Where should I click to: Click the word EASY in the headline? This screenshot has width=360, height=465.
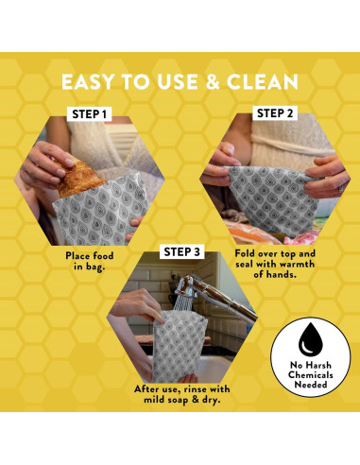[93, 80]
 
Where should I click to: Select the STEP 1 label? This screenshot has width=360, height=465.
[91, 114]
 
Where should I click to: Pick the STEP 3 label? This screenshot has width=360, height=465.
[182, 251]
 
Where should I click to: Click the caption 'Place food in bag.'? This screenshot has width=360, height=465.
[91, 261]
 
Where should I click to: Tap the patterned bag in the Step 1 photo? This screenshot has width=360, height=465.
[99, 213]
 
